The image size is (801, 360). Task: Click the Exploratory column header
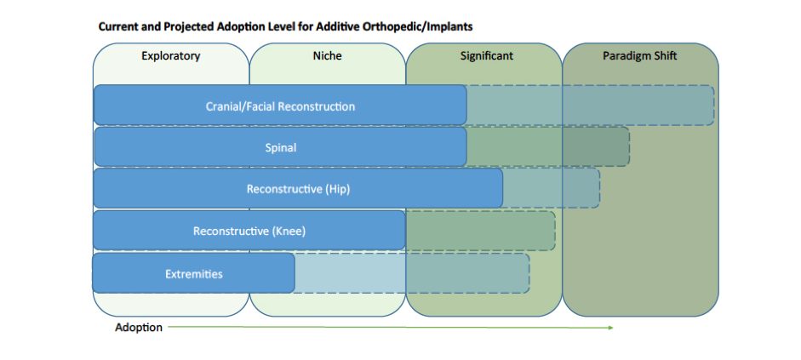click(x=170, y=55)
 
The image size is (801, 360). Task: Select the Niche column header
click(x=327, y=55)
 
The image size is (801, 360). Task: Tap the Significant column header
click(x=486, y=55)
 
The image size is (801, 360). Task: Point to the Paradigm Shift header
click(x=639, y=55)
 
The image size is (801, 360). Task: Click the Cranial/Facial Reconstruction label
click(x=280, y=106)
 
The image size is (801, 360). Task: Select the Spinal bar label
click(x=280, y=148)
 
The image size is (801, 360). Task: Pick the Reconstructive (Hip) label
click(x=298, y=189)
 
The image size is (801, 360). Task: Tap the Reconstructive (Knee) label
click(x=249, y=231)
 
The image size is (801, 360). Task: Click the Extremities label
click(x=194, y=274)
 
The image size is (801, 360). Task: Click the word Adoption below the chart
click(x=139, y=328)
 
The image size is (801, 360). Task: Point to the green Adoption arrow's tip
click(x=613, y=328)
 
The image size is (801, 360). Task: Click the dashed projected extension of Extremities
click(x=412, y=273)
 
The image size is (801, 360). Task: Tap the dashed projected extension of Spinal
click(x=547, y=147)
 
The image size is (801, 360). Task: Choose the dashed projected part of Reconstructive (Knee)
click(x=480, y=231)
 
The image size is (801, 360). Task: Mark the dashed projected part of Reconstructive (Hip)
click(x=552, y=188)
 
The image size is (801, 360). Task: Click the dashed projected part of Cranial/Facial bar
click(x=590, y=106)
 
